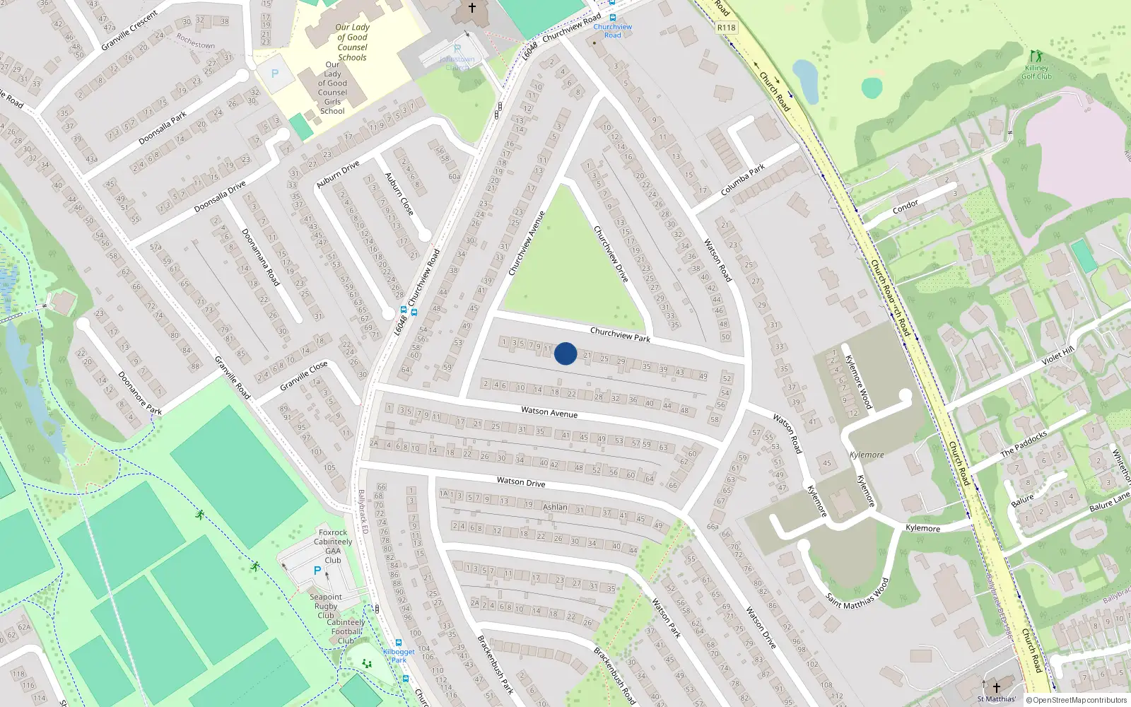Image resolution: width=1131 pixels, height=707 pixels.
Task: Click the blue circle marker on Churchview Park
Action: (565, 353)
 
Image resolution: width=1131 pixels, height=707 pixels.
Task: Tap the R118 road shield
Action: (726, 28)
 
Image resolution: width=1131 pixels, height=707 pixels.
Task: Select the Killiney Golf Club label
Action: (1036, 72)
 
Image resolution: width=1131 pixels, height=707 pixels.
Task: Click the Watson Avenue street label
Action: (549, 411)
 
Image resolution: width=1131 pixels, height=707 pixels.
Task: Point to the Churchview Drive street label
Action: (611, 254)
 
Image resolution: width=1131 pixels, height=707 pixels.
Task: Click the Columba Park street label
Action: (743, 180)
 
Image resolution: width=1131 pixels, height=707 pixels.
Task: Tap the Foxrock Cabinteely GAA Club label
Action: (333, 546)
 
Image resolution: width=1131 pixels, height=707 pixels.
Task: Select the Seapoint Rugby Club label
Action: (326, 606)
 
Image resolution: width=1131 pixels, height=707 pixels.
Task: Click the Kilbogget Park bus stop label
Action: (399, 656)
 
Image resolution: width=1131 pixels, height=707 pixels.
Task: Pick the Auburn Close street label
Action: (399, 194)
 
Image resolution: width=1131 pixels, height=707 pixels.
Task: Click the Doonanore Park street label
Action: (140, 393)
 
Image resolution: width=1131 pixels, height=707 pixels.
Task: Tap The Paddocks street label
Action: (1024, 444)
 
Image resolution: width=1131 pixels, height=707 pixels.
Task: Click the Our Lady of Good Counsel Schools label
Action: (352, 42)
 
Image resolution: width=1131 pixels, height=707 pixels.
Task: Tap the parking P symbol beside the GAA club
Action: (317, 571)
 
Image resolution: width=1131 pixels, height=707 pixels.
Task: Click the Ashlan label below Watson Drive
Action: (555, 507)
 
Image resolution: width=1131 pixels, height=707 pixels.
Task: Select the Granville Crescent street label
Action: (129, 31)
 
